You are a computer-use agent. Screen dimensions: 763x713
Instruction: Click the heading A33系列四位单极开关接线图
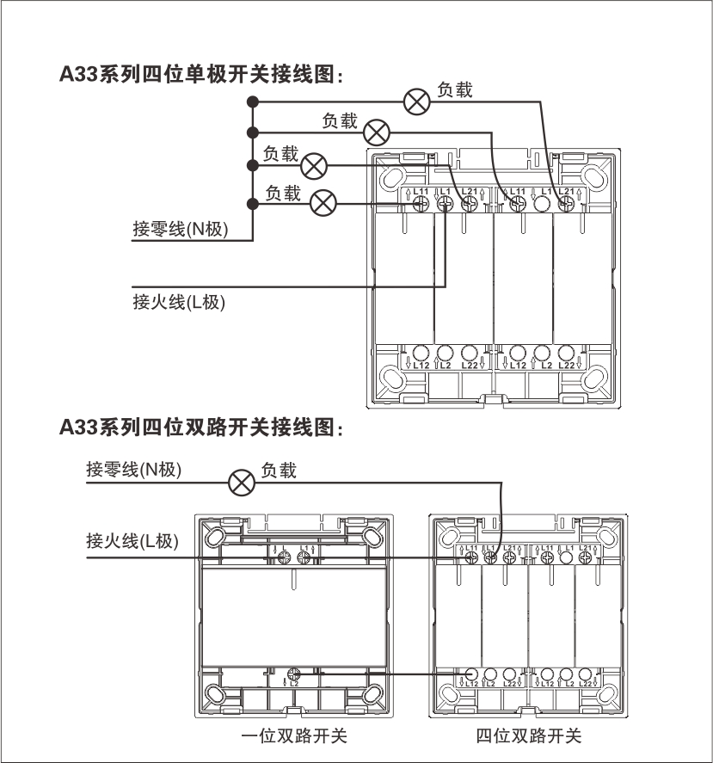[x=202, y=76]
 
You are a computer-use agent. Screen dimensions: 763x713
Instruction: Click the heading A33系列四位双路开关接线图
[x=202, y=427]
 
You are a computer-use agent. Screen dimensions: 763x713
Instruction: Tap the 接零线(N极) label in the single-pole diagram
[x=181, y=230]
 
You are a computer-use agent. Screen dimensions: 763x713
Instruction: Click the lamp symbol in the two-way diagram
[x=239, y=482]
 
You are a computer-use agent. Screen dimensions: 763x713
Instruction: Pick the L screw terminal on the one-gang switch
[x=285, y=558]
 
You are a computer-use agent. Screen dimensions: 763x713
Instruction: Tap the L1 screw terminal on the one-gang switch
[x=304, y=558]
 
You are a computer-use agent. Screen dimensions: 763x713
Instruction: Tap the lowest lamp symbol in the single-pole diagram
[x=323, y=203]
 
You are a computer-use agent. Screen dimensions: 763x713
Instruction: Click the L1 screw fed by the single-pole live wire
[x=446, y=204]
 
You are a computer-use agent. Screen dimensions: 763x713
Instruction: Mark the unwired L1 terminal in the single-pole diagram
[x=542, y=204]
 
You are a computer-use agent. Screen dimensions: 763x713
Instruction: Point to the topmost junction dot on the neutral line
[x=253, y=102]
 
